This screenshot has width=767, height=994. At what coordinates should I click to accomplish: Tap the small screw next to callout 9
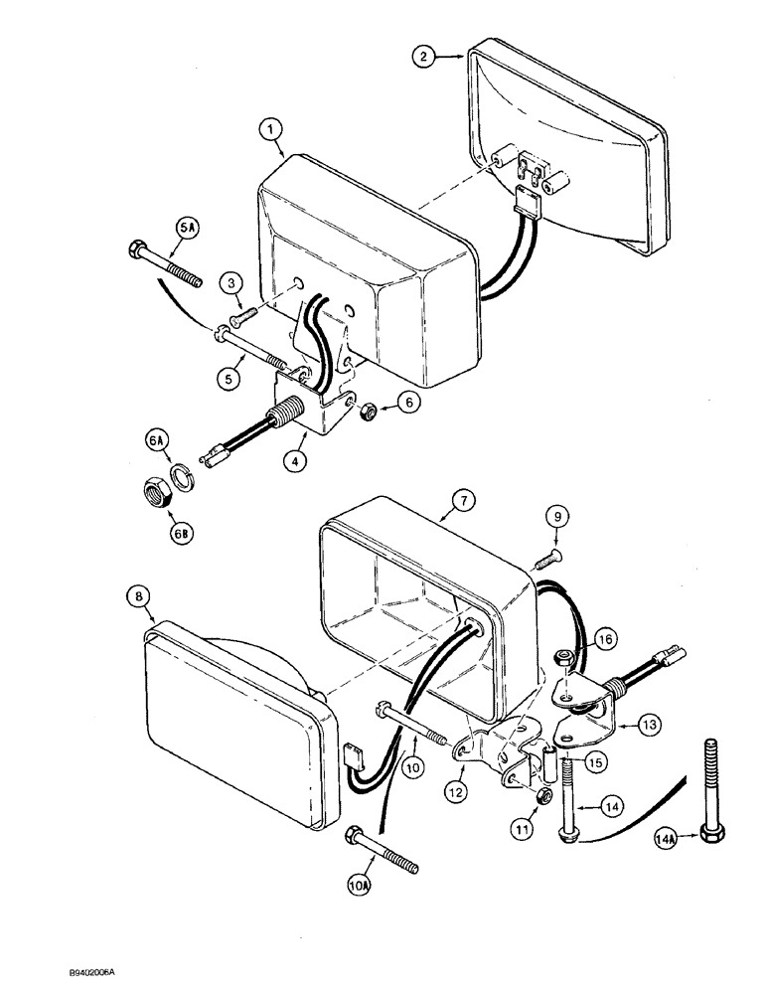pos(545,561)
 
